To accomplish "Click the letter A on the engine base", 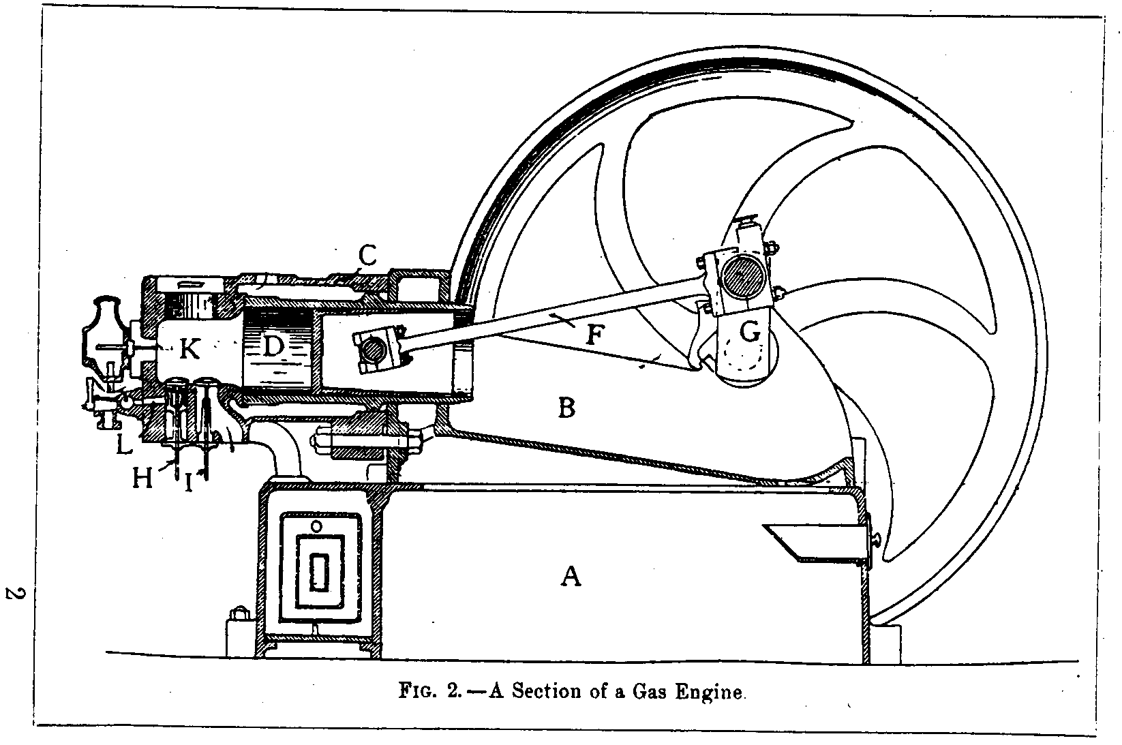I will (x=571, y=577).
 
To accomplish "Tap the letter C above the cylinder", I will (x=367, y=256).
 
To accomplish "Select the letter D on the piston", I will (x=273, y=347).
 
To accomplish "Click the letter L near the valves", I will (x=123, y=446).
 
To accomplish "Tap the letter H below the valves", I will (x=142, y=478).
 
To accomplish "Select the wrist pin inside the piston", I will (x=374, y=350).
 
